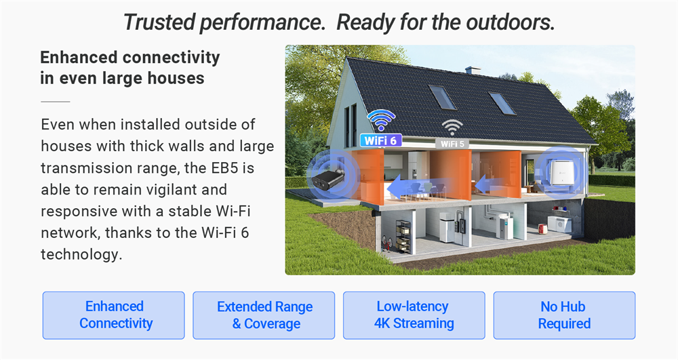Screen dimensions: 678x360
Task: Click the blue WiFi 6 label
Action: click(380, 140)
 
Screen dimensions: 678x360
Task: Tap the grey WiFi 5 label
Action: click(452, 144)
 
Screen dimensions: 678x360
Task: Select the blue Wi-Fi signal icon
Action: click(381, 120)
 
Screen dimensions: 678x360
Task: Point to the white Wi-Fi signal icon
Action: click(452, 127)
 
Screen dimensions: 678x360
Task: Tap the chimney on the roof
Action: click(473, 70)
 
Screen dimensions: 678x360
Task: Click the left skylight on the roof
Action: click(442, 97)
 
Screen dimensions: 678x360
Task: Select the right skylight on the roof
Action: click(502, 103)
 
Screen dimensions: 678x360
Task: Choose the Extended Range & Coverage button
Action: click(264, 315)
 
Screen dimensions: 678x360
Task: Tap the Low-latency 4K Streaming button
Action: click(414, 315)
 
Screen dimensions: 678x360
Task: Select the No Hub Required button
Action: click(564, 315)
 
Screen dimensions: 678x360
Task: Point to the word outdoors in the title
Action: click(511, 22)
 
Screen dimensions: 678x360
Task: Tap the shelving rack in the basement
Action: click(403, 237)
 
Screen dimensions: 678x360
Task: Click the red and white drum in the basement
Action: click(542, 228)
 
